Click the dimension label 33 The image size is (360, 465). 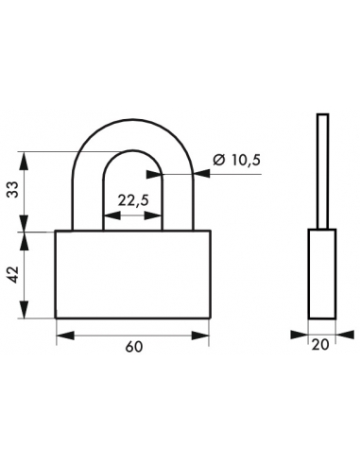[x=13, y=190]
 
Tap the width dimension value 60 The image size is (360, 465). [x=134, y=347]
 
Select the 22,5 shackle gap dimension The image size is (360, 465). [x=133, y=200]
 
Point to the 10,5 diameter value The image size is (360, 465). [x=246, y=161]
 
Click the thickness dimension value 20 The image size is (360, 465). [x=320, y=345]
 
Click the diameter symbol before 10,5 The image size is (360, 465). [x=219, y=161]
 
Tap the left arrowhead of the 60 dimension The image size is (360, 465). [x=65, y=336]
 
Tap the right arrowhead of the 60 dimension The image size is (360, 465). [x=200, y=336]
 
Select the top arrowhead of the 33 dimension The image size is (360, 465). [x=25, y=161]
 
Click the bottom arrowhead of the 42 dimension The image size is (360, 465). [x=25, y=309]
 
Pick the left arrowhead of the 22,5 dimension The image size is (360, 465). [x=112, y=215]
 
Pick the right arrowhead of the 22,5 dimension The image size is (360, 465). [x=153, y=215]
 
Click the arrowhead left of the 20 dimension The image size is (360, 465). [x=300, y=335]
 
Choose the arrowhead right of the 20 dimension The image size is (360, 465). [x=345, y=335]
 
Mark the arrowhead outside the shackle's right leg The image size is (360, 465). [x=201, y=174]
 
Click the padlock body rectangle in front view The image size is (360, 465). [x=132, y=274]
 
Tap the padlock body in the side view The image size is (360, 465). [x=322, y=274]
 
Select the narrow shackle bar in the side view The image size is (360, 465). [x=323, y=171]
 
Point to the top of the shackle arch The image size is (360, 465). [x=132, y=120]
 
